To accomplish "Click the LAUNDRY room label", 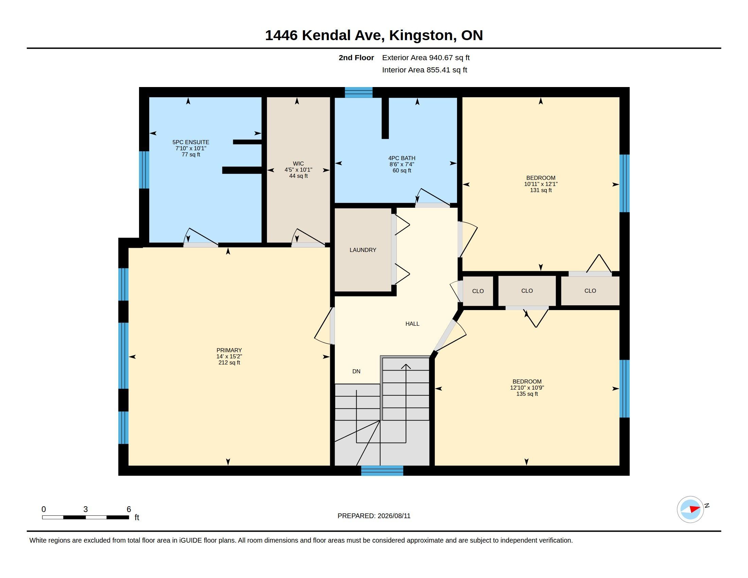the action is pyautogui.click(x=363, y=250).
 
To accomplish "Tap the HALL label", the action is pyautogui.click(x=412, y=324).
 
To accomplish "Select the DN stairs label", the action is pyautogui.click(x=356, y=371).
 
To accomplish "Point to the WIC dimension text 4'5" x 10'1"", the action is pyautogui.click(x=298, y=170).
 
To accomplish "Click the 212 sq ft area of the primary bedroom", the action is pyautogui.click(x=229, y=363).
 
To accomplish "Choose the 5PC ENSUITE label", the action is pyautogui.click(x=191, y=142).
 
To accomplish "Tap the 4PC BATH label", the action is pyautogui.click(x=402, y=158).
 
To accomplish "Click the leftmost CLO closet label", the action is pyautogui.click(x=478, y=291).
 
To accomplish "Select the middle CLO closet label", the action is pyautogui.click(x=527, y=291).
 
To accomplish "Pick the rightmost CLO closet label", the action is pyautogui.click(x=590, y=291).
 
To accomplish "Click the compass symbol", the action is pyautogui.click(x=690, y=510).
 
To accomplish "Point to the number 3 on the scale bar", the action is pyautogui.click(x=85, y=509).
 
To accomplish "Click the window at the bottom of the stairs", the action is pyautogui.click(x=382, y=471).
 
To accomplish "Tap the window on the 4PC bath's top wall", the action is pyautogui.click(x=359, y=92).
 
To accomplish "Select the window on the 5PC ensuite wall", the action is pyautogui.click(x=144, y=170).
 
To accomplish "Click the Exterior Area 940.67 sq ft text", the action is pyautogui.click(x=426, y=57).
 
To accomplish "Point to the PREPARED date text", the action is pyautogui.click(x=374, y=516).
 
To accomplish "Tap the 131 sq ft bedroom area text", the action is pyautogui.click(x=541, y=190).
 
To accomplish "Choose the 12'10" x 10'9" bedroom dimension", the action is pyautogui.click(x=527, y=388).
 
